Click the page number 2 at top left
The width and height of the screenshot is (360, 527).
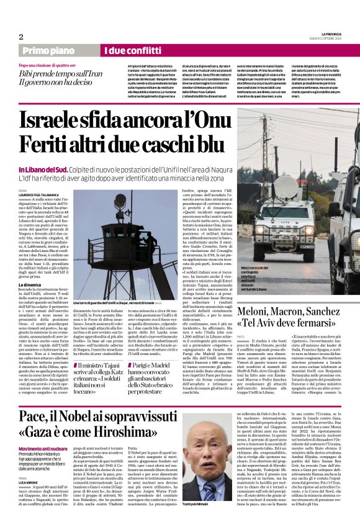point(20,36)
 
